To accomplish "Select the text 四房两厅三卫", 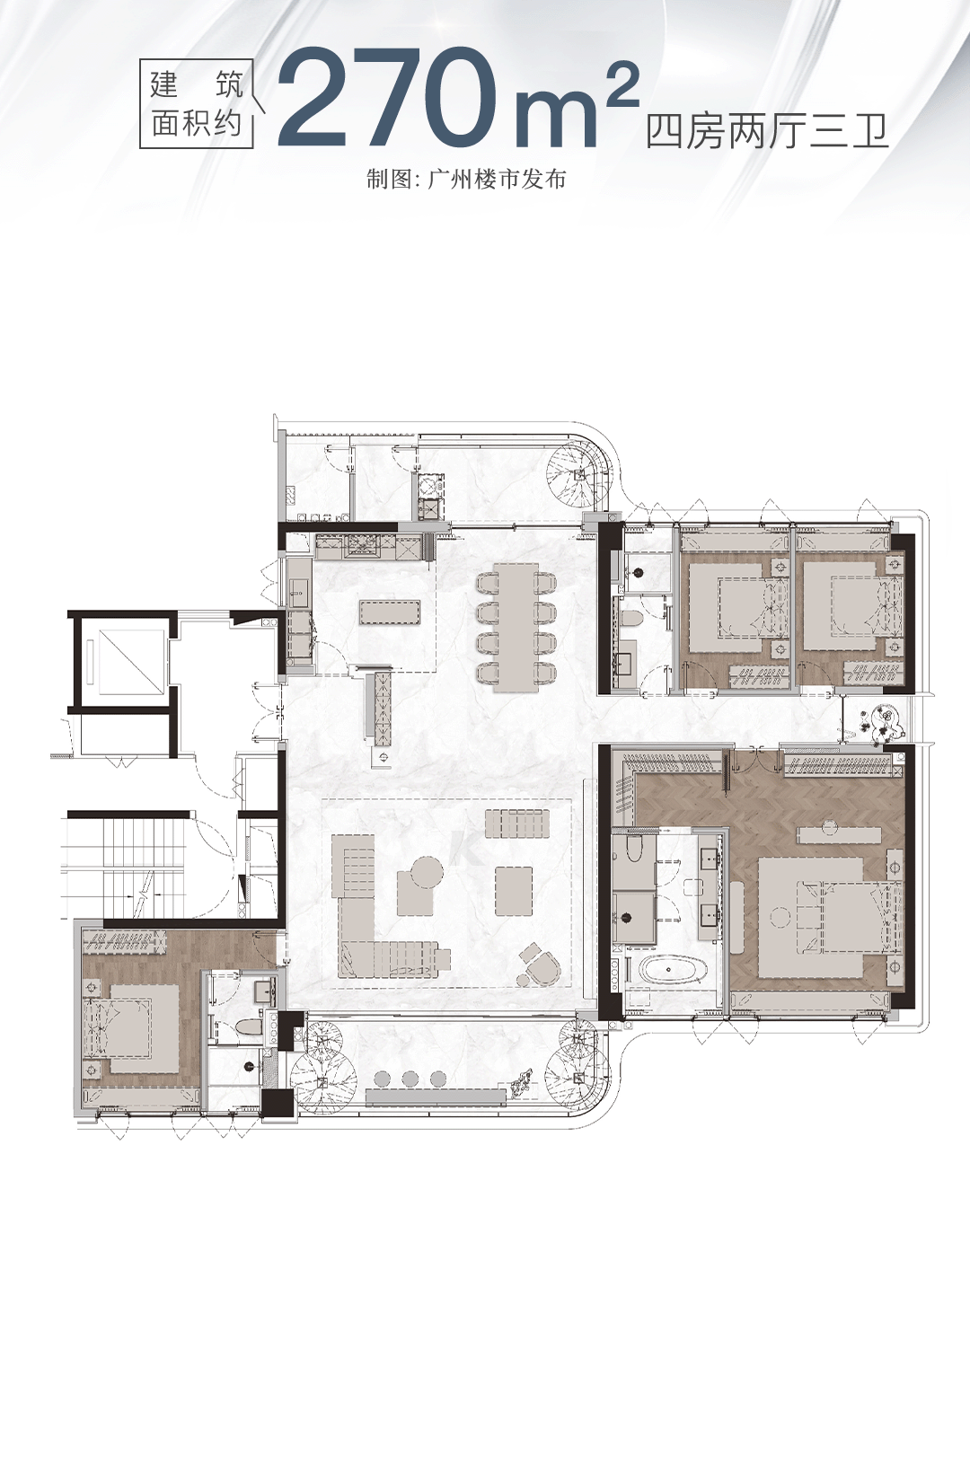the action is (767, 133).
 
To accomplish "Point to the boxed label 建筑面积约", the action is (197, 104).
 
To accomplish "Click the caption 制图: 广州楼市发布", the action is (466, 180).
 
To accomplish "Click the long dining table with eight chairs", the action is (516, 627).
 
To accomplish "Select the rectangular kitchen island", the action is (390, 612).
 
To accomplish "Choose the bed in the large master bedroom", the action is (831, 916).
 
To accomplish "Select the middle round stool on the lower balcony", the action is (410, 1079).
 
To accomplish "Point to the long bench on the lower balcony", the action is (436, 1097).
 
